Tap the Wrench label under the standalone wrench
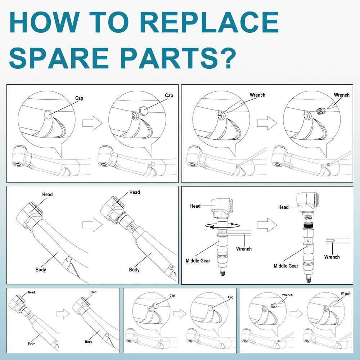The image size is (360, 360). coord(332,257)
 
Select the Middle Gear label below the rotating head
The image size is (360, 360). coord(198,261)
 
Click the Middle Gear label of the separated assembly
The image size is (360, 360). coord(286,266)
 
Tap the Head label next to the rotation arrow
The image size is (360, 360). coord(195,206)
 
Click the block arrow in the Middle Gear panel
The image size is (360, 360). coord(267,225)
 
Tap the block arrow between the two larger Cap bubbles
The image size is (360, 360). coord(93,123)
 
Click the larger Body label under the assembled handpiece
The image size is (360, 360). coord(41,269)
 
